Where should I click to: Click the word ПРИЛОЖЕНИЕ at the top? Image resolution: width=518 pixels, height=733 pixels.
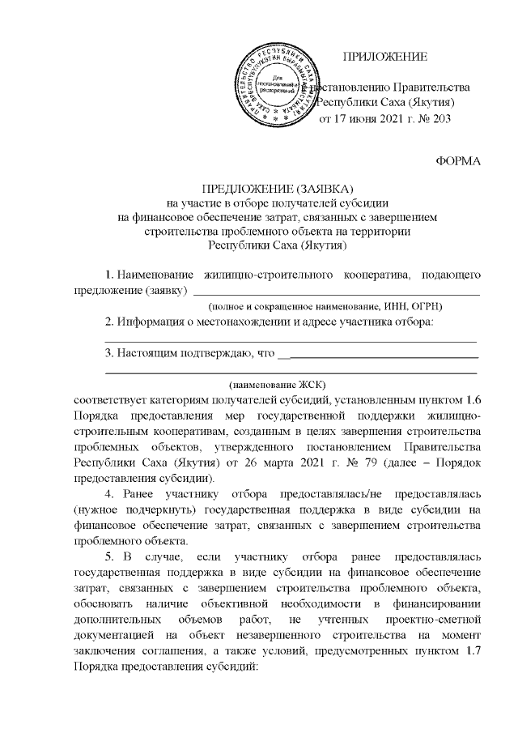pyautogui.click(x=384, y=56)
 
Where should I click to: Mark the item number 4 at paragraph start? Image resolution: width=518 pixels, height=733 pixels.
pyautogui.click(x=111, y=493)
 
